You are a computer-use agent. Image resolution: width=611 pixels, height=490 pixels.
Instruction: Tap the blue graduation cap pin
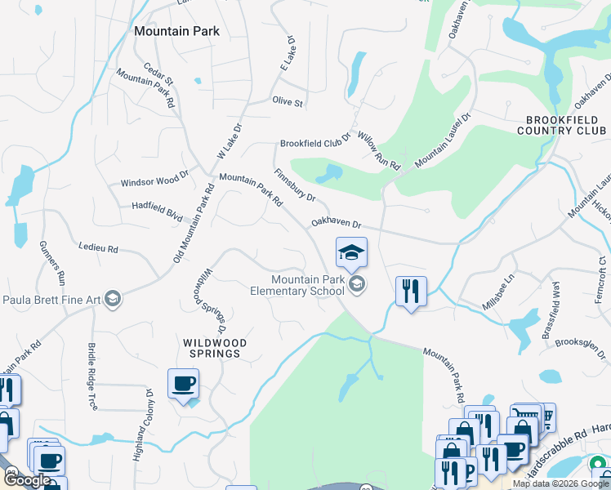(x=351, y=252)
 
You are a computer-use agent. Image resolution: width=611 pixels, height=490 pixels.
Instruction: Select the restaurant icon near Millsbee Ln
(x=411, y=292)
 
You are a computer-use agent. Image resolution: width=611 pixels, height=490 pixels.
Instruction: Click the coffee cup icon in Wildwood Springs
(x=183, y=384)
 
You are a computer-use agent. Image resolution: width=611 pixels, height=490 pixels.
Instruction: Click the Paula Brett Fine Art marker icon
(x=114, y=300)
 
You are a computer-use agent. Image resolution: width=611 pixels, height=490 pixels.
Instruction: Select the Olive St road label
(x=288, y=104)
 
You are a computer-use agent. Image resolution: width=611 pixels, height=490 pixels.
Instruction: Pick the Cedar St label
(x=158, y=74)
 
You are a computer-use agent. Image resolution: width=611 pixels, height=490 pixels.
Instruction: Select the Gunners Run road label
(x=47, y=261)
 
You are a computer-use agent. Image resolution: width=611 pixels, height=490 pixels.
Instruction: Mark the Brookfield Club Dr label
(x=314, y=142)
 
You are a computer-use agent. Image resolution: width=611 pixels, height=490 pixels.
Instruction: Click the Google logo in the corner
(x=26, y=480)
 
